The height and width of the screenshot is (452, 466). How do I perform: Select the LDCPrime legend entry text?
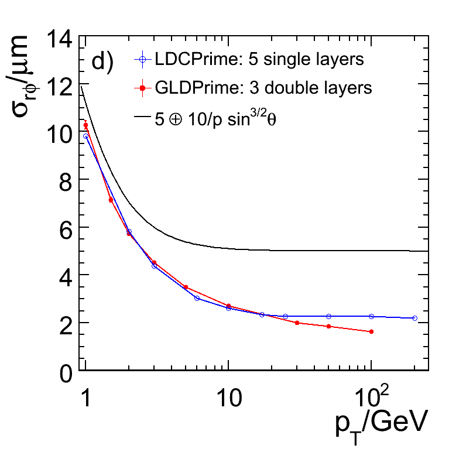(259, 59)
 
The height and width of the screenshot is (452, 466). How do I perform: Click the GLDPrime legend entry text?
(263, 88)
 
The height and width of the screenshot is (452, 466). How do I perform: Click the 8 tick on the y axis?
(65, 179)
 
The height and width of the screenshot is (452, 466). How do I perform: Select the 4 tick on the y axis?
(65, 275)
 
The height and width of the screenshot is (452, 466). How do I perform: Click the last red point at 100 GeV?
(371, 331)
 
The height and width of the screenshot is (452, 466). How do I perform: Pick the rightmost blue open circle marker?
(414, 318)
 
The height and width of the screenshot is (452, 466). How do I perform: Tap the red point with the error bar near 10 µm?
(86, 125)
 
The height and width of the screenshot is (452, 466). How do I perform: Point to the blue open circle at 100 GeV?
(371, 316)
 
